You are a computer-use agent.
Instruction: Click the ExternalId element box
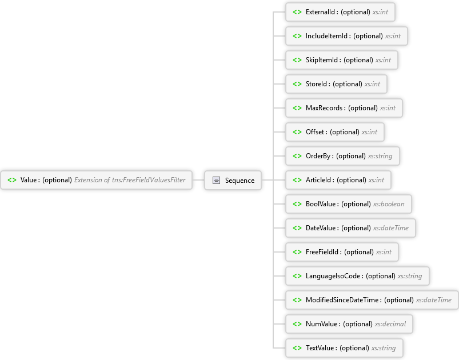(x=340, y=12)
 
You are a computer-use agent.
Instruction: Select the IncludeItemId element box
(x=346, y=36)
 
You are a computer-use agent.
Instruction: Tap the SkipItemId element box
(x=342, y=60)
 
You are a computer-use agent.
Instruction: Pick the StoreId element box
(x=336, y=84)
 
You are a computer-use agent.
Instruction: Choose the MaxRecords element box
(x=344, y=108)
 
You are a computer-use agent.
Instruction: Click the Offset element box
(x=335, y=132)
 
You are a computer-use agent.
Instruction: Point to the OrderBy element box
(x=342, y=156)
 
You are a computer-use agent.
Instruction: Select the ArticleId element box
(x=338, y=180)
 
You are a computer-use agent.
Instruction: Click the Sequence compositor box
(x=233, y=181)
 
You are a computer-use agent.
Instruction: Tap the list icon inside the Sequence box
(x=216, y=181)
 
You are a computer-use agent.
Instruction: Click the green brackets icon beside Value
(x=12, y=180)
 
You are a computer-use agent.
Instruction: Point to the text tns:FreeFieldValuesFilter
(x=149, y=180)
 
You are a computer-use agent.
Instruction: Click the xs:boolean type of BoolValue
(x=389, y=204)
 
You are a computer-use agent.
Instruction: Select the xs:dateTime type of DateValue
(x=391, y=228)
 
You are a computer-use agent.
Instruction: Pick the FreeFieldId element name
(x=322, y=252)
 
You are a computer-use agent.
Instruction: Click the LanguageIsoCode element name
(x=333, y=276)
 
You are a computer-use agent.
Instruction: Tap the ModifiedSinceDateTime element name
(x=342, y=300)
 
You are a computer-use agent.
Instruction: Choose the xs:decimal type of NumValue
(x=390, y=324)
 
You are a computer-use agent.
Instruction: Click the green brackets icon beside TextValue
(x=297, y=348)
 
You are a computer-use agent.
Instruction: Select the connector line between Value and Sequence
(x=198, y=180)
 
